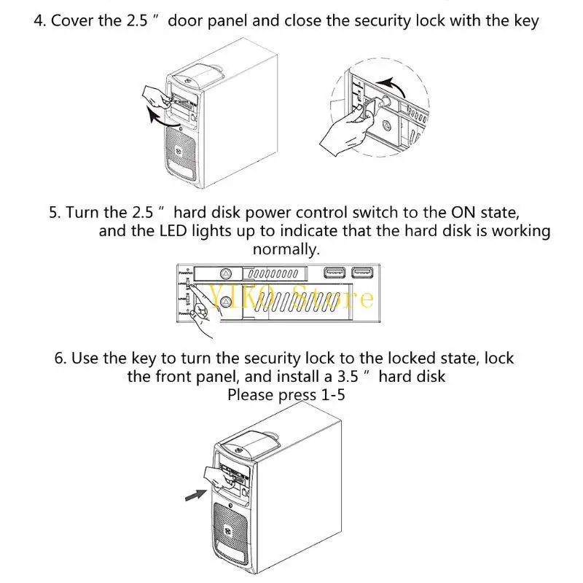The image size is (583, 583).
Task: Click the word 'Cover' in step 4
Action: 73,20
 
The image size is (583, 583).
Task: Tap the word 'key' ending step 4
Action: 525,20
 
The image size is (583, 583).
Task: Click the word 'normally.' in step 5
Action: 286,249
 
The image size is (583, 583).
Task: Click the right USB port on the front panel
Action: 361,273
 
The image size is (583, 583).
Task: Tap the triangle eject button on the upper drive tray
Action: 227,274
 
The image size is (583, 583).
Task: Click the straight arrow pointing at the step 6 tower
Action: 192,496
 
